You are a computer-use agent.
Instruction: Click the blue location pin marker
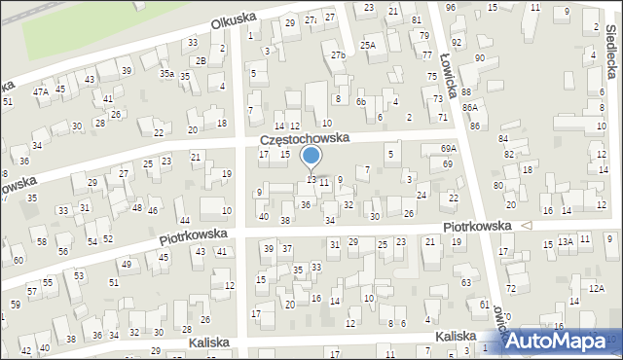click(x=311, y=158)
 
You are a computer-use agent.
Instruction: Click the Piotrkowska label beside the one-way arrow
click(x=477, y=225)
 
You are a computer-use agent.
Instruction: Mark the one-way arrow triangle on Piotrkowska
click(x=527, y=225)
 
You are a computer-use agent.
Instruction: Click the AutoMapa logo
click(x=558, y=340)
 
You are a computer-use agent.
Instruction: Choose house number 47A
click(x=41, y=91)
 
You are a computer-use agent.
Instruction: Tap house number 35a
click(x=167, y=73)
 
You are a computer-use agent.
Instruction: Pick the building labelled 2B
click(x=201, y=60)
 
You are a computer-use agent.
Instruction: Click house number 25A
click(x=367, y=45)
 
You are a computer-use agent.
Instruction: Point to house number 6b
click(x=360, y=101)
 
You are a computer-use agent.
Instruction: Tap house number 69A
click(x=448, y=148)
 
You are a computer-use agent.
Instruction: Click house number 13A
click(x=565, y=240)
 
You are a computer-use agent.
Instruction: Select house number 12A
click(x=596, y=288)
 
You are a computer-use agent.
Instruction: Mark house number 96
click(x=450, y=8)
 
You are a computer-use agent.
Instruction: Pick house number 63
click(x=466, y=282)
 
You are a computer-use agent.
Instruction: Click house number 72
click(x=510, y=290)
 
